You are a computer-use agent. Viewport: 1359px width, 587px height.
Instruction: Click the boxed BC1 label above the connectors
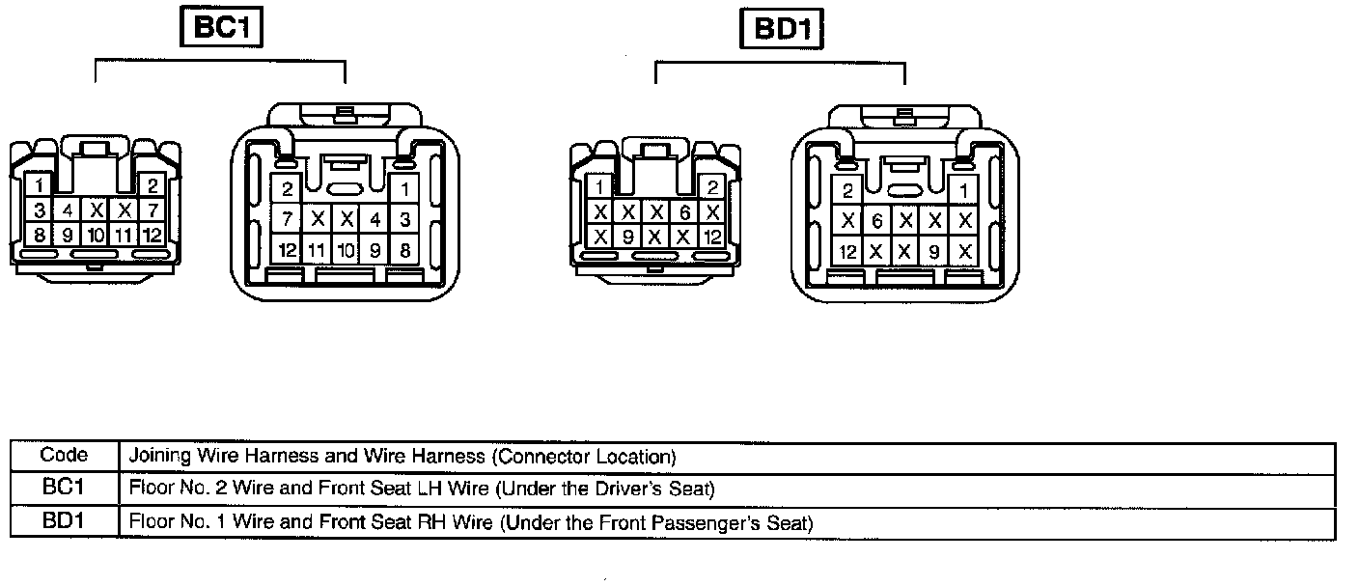pyautogui.click(x=222, y=27)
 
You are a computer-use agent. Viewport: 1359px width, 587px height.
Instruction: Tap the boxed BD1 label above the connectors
pyautogui.click(x=782, y=30)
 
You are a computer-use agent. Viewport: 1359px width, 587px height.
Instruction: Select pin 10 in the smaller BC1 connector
pyautogui.click(x=96, y=235)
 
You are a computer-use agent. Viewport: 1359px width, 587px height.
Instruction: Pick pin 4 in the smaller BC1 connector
pyautogui.click(x=68, y=210)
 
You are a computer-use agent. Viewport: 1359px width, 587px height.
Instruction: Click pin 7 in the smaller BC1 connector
pyautogui.click(x=152, y=210)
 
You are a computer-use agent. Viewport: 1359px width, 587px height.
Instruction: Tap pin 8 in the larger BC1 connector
pyautogui.click(x=405, y=250)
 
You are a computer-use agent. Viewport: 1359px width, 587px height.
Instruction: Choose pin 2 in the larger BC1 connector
pyautogui.click(x=288, y=190)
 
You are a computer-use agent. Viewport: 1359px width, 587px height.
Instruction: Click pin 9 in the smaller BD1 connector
pyautogui.click(x=627, y=236)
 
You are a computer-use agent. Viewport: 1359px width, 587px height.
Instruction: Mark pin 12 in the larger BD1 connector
pyautogui.click(x=847, y=252)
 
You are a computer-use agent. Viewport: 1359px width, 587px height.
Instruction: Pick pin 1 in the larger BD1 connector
pyautogui.click(x=963, y=191)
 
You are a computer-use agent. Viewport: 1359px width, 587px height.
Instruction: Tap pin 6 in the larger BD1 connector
pyautogui.click(x=876, y=221)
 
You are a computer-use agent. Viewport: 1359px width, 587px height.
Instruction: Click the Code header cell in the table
pyautogui.click(x=64, y=455)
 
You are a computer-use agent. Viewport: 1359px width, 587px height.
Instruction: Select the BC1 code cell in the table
pyautogui.click(x=64, y=489)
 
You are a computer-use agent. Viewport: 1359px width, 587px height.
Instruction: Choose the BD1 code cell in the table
pyautogui.click(x=64, y=522)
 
